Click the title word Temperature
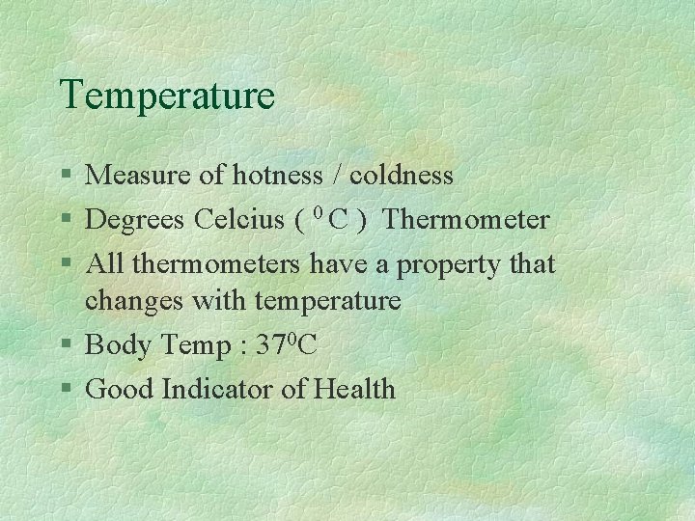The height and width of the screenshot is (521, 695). pyautogui.click(x=167, y=96)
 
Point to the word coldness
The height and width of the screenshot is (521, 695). pyautogui.click(x=401, y=175)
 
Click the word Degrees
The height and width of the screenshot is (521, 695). pyautogui.click(x=136, y=221)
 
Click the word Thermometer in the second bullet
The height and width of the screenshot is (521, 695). pyautogui.click(x=465, y=220)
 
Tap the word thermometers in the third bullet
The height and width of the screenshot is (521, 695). pyautogui.click(x=217, y=263)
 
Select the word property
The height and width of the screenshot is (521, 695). pyautogui.click(x=448, y=265)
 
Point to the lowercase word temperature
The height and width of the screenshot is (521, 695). pyautogui.click(x=327, y=301)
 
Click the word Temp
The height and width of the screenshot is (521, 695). pyautogui.click(x=193, y=345)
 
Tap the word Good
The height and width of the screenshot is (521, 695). pyautogui.click(x=120, y=389)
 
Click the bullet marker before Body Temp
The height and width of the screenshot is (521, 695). pyautogui.click(x=66, y=345)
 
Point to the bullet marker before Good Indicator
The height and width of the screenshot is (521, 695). pyautogui.click(x=66, y=390)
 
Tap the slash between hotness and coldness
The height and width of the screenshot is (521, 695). pyautogui.click(x=336, y=176)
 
